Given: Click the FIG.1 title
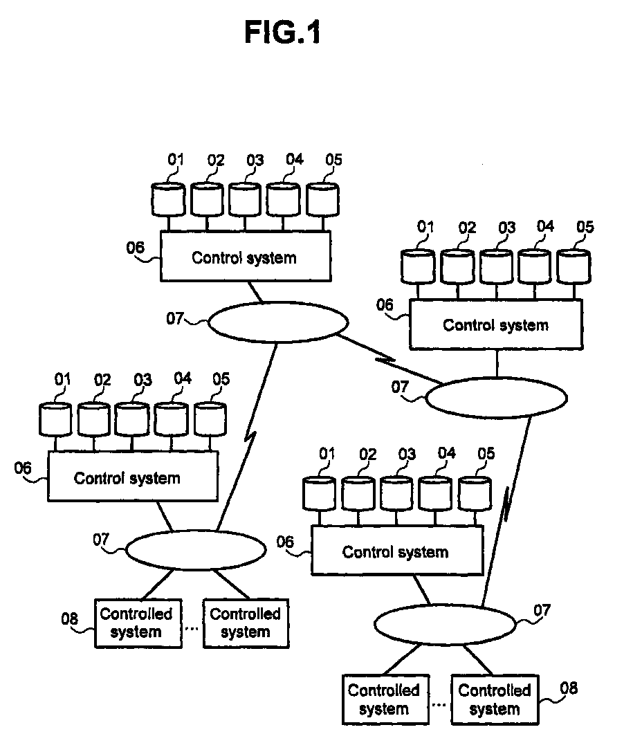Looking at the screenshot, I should (x=282, y=33).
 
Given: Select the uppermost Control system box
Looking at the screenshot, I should (x=245, y=257).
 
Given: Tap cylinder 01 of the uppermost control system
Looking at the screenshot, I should (x=168, y=199).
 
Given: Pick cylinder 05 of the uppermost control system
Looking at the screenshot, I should (x=322, y=199).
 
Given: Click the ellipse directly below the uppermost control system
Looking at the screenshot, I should (x=277, y=322).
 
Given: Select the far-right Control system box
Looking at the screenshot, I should (x=495, y=324).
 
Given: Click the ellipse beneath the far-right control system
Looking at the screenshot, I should (x=495, y=397).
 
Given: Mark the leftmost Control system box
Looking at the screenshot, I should (x=133, y=477).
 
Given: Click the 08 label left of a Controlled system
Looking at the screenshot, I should (x=71, y=619).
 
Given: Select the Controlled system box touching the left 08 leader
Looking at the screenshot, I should (x=138, y=623).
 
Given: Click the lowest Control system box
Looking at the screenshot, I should (x=397, y=551).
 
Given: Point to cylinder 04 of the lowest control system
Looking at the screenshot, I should (x=436, y=493).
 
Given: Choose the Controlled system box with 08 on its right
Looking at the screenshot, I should (x=494, y=699).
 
